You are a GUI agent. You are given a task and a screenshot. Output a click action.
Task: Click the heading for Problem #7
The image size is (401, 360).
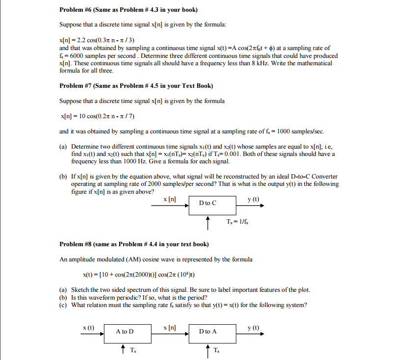click(x=136, y=86)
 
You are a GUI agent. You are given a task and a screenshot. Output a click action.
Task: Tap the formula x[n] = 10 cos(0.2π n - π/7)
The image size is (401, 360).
click(x=97, y=116)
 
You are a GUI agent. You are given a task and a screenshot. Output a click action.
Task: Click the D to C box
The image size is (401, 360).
click(x=208, y=203)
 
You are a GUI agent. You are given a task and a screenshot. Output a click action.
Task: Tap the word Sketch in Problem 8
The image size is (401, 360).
click(x=80, y=290)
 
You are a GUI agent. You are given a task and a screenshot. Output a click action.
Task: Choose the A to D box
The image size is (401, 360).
click(x=125, y=332)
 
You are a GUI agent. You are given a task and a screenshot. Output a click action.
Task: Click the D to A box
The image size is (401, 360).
click(x=208, y=332)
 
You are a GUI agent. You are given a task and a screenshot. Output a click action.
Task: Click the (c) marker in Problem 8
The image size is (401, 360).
click(x=63, y=305)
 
